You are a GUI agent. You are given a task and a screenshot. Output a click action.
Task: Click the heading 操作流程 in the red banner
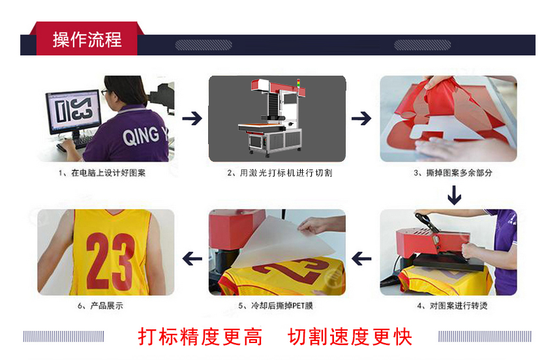tap(87, 40)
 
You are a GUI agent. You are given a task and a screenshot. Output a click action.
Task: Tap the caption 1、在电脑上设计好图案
tap(102, 173)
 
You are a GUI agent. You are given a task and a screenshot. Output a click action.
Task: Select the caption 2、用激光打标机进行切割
tap(280, 173)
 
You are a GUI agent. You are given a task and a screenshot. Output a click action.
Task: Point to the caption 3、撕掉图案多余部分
tap(453, 173)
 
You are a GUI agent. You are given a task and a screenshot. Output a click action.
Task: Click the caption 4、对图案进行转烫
tap(452, 306)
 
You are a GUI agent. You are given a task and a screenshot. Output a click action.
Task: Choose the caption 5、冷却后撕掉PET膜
tap(275, 306)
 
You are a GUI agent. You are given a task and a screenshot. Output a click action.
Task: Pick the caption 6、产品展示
tap(100, 306)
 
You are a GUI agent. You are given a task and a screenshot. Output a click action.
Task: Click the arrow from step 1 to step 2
tap(192, 119)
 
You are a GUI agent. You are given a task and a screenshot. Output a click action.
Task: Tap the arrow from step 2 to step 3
tap(361, 119)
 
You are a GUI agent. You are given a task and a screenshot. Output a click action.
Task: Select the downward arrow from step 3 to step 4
tap(455, 195)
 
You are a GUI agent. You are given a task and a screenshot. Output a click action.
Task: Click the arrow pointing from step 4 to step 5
tap(361, 259)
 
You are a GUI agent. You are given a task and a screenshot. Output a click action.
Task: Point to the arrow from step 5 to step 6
tap(192, 259)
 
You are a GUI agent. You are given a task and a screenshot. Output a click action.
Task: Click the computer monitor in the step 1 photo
tap(74, 112)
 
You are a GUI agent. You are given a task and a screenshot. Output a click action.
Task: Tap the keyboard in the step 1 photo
tap(74, 143)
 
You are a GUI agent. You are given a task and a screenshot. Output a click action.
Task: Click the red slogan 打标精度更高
tap(200, 337)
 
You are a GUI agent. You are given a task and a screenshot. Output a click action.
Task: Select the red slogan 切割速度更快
tap(350, 337)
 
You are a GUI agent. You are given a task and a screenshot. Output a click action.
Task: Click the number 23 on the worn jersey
tap(110, 261)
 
